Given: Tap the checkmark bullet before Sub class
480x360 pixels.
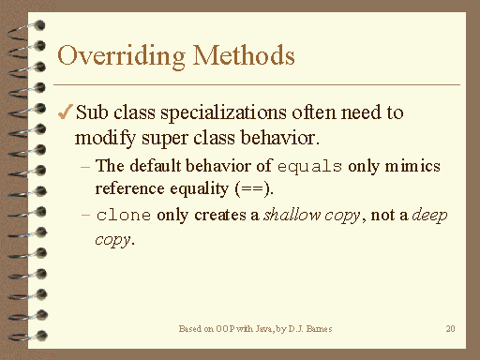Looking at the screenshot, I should click(x=65, y=112).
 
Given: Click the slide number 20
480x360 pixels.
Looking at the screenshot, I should click(x=451, y=330).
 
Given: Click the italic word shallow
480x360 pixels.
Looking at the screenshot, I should click(x=290, y=216).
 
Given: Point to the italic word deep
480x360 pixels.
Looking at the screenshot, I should click(x=432, y=216).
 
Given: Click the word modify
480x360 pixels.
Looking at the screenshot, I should click(x=101, y=137).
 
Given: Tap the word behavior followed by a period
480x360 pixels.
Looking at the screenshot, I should click(x=286, y=137).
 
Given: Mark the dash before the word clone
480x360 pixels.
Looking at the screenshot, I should click(x=86, y=216).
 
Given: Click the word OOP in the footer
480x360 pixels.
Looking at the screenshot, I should click(x=227, y=330).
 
